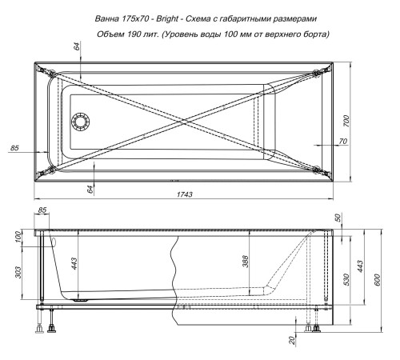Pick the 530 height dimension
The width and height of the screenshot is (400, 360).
(x=346, y=278)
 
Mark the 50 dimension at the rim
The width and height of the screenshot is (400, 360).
(x=338, y=217)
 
